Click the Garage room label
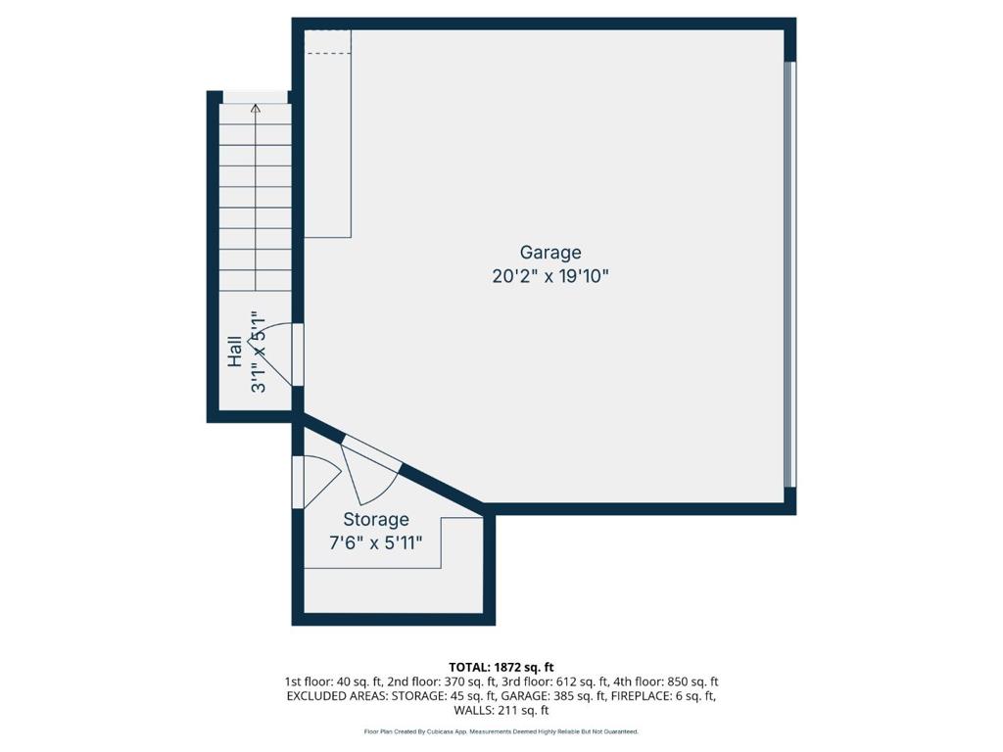[550, 253]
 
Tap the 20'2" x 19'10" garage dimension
[550, 277]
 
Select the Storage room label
[376, 520]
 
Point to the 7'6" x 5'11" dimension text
[376, 543]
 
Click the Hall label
[235, 352]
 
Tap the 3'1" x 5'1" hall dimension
[259, 352]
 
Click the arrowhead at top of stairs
[256, 109]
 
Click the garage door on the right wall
[791, 274]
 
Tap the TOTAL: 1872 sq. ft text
[501, 667]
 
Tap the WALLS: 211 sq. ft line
[501, 711]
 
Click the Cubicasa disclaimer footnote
[501, 731]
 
